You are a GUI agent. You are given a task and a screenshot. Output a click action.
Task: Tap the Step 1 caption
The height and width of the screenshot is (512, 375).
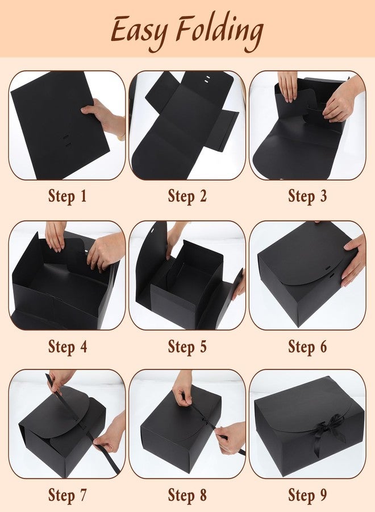68,196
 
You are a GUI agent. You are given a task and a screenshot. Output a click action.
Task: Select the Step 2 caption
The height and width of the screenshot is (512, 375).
187,196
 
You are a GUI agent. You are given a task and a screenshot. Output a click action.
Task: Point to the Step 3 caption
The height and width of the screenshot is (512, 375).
307,196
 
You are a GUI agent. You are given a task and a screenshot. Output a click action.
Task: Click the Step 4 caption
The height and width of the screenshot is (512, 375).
68,346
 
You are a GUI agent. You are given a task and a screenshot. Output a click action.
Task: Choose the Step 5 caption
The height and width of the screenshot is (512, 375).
187,346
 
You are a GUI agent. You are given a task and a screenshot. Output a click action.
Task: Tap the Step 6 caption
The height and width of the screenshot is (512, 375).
307,346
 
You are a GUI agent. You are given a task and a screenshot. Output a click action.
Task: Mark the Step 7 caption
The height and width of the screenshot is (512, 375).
68,495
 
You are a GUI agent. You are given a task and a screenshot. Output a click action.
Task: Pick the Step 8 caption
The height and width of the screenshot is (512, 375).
187,495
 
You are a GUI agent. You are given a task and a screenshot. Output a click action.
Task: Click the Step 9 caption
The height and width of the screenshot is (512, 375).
307,495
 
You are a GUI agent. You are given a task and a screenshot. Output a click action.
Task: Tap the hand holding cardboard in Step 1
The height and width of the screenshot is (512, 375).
104,118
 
